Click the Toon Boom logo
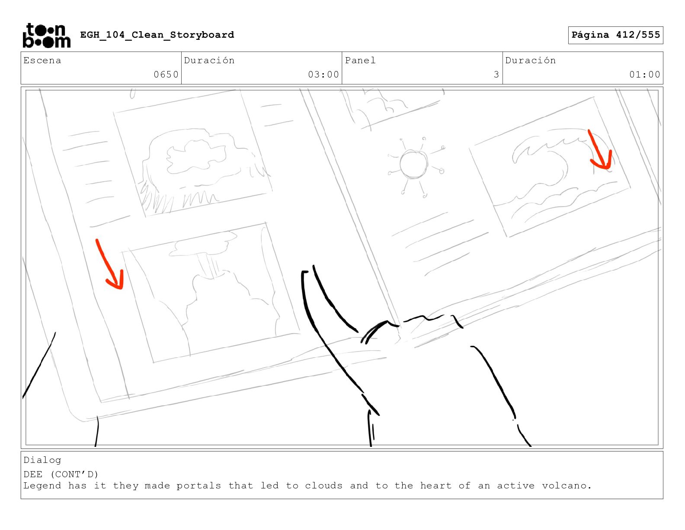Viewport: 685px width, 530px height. [x=47, y=36]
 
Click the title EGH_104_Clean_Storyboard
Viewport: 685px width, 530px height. [x=157, y=35]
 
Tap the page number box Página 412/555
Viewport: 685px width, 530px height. [x=615, y=35]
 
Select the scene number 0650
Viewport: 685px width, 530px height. [x=166, y=74]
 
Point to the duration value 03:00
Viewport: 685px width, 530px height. [x=323, y=74]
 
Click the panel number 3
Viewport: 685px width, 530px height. [x=496, y=74]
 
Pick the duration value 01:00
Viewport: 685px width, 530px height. [x=644, y=74]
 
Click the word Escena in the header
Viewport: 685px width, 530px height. [x=42, y=60]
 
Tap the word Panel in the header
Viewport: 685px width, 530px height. [x=360, y=60]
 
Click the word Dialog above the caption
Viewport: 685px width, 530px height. [x=42, y=460]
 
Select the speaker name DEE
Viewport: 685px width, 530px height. [x=33, y=475]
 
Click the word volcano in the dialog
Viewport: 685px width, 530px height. [x=567, y=485]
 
